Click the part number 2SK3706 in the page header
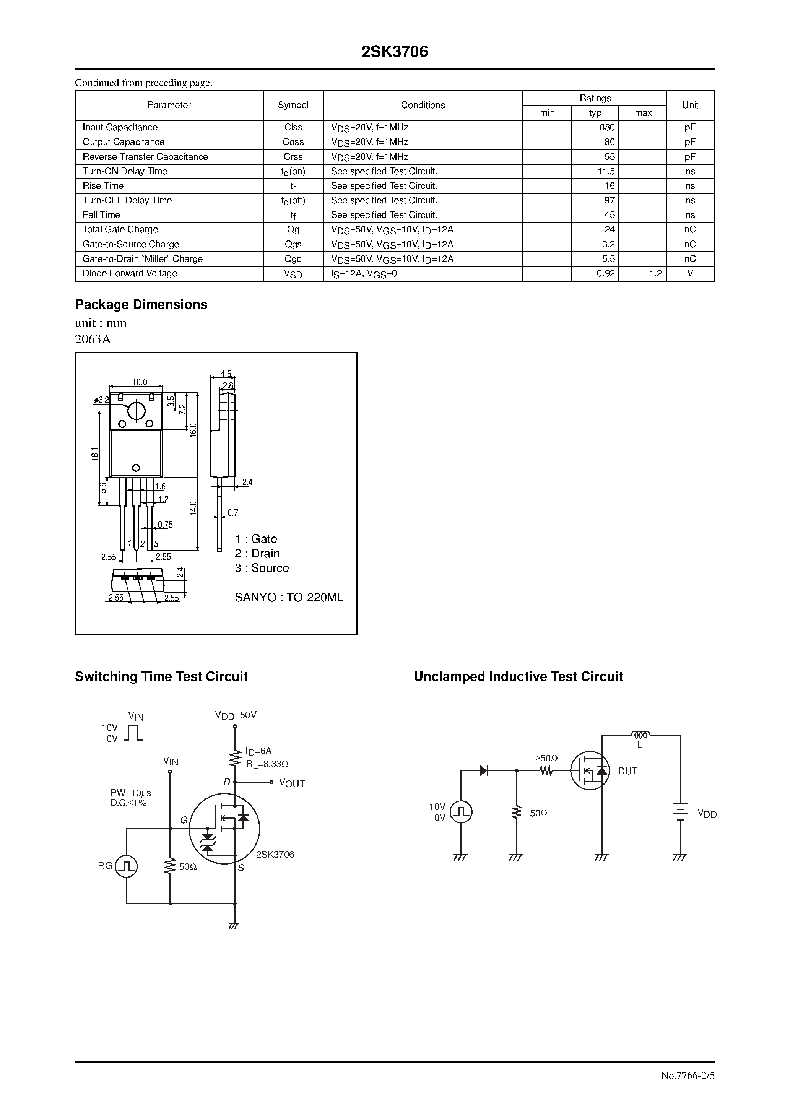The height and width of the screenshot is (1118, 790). pos(395,52)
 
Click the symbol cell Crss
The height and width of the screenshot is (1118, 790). pos(293,157)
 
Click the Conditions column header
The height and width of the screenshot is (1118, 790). pos(423,105)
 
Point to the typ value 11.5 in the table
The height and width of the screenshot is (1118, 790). pos(606,171)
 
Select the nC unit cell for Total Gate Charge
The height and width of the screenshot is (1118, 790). pos(690,230)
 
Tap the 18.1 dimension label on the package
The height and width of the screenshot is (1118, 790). pos(95,454)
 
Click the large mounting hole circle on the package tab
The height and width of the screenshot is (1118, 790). pos(137,411)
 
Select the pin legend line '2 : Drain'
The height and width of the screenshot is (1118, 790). pos(257,554)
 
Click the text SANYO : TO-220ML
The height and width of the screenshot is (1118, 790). pos(289,598)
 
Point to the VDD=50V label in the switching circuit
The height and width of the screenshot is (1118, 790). pos(236,715)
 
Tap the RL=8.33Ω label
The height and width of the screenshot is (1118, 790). pos(267,764)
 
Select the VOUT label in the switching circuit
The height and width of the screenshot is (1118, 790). pos(292,783)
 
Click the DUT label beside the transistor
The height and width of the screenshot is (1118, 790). pos(627,771)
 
